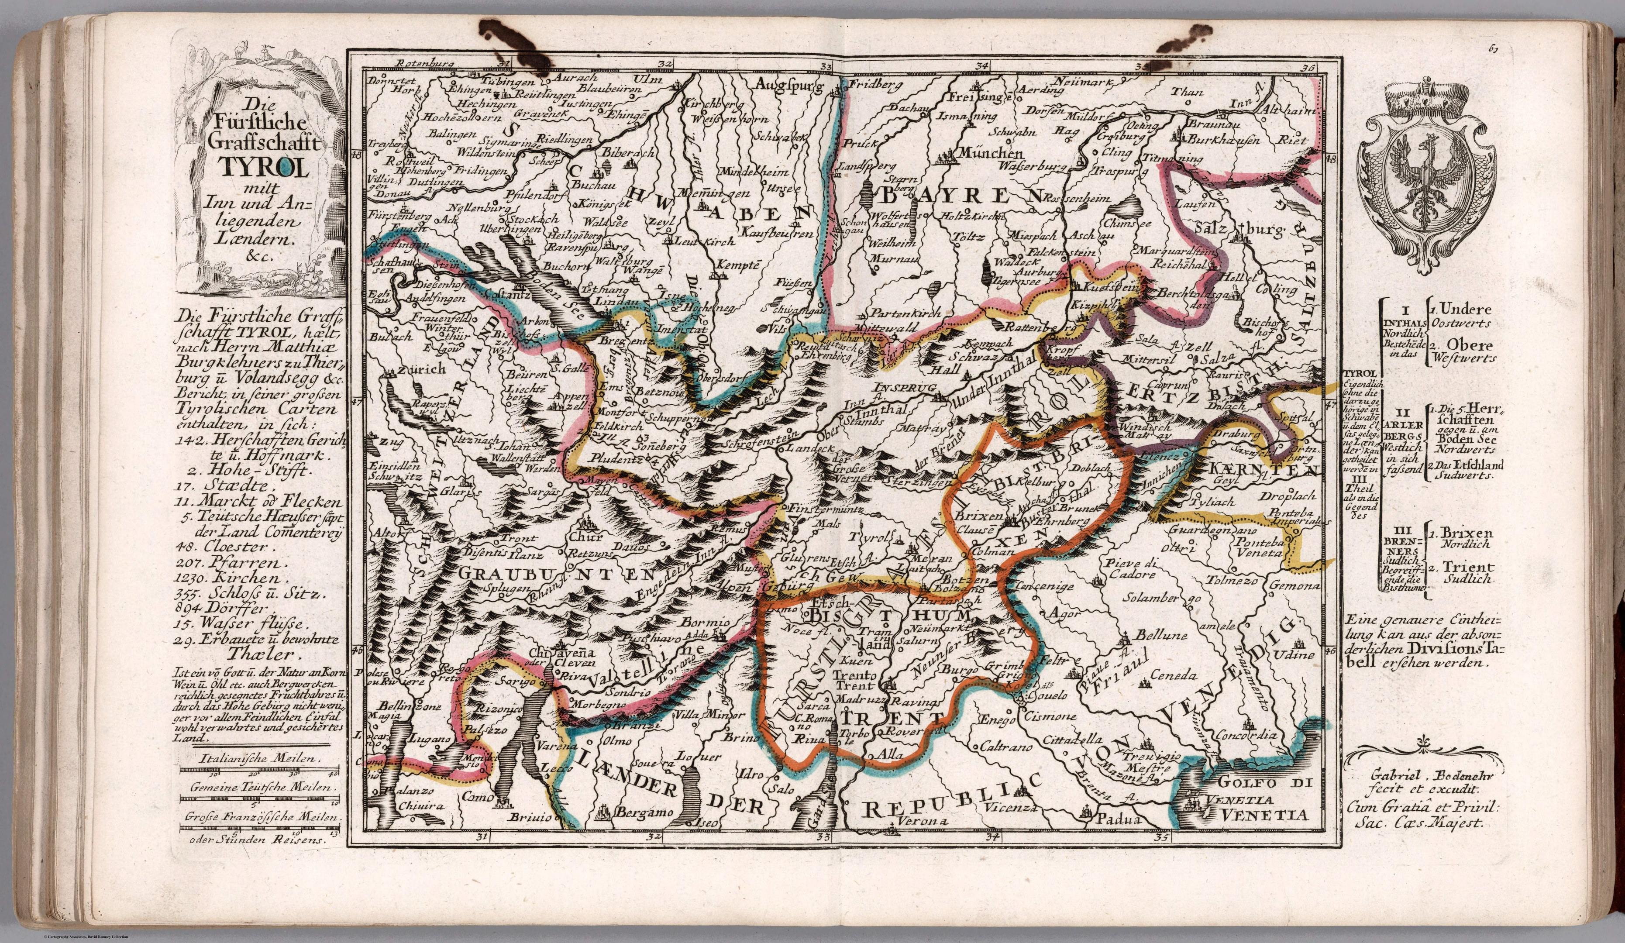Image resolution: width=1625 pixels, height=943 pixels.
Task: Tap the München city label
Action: [x=981, y=154]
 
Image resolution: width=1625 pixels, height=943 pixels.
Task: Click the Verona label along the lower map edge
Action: [x=919, y=822]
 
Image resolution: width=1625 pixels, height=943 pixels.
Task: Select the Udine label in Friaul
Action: [x=1294, y=655]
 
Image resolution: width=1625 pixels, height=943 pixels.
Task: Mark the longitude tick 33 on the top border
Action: [x=826, y=65]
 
